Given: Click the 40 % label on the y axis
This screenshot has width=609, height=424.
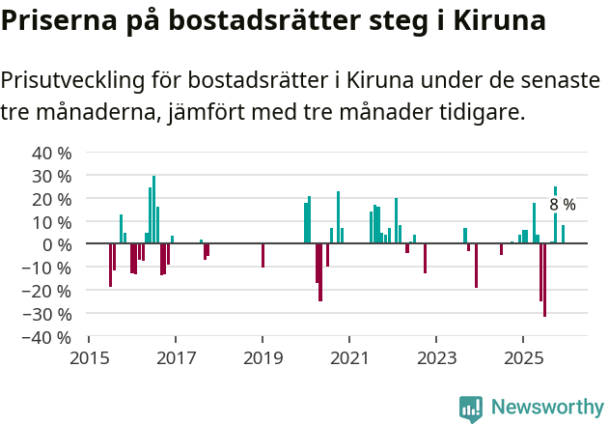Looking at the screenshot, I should (52, 153).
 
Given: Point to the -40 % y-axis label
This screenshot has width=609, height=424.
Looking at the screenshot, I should (49, 338).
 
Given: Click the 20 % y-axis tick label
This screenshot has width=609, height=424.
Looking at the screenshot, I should (52, 199).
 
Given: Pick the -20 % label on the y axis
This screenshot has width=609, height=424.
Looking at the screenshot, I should (49, 292).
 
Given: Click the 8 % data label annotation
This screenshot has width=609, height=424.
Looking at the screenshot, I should (563, 205).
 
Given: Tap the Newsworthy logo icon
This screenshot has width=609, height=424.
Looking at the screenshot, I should (471, 409).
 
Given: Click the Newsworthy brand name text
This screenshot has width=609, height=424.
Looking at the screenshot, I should (546, 409).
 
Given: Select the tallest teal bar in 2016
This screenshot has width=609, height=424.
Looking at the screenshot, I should (153, 210).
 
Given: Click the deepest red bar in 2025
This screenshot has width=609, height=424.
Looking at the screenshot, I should (544, 280).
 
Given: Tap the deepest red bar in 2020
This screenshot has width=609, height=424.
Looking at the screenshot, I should (320, 272).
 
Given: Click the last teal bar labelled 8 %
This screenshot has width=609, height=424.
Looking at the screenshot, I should (563, 234).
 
